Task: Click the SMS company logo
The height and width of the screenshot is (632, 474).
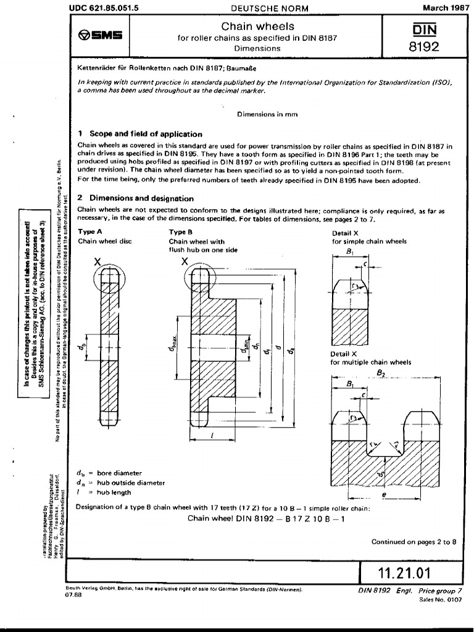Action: point(102,35)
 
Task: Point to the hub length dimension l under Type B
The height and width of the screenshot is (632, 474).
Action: point(212,435)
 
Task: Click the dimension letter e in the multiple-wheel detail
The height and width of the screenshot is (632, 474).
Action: point(384,494)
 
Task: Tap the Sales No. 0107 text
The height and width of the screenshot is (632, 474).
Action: point(440,599)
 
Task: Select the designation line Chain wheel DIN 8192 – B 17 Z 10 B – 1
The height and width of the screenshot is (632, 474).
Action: point(265,518)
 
